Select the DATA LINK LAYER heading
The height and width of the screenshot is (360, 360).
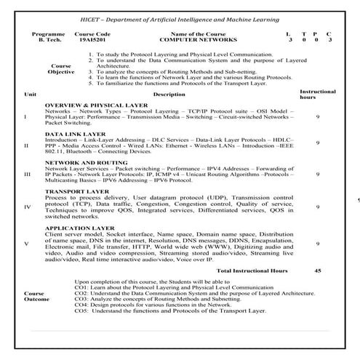(71, 134)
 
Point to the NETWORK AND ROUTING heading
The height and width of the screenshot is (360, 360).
(81, 163)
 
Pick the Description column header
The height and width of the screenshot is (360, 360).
(169, 95)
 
